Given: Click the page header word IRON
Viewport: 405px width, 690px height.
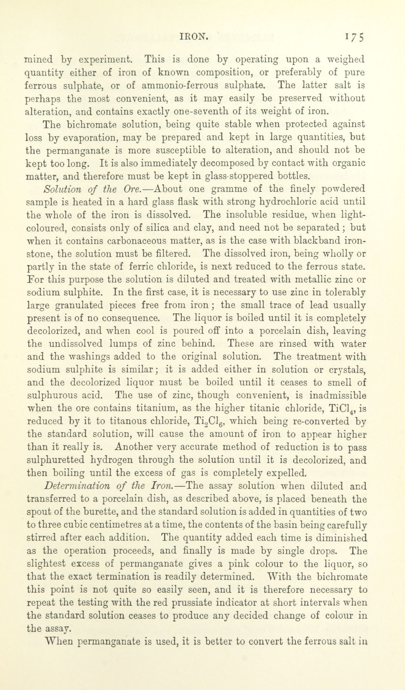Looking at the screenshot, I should (195, 36).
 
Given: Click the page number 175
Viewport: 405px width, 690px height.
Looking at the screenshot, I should (354, 37).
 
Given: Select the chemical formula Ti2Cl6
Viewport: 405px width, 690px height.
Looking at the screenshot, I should (207, 422).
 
